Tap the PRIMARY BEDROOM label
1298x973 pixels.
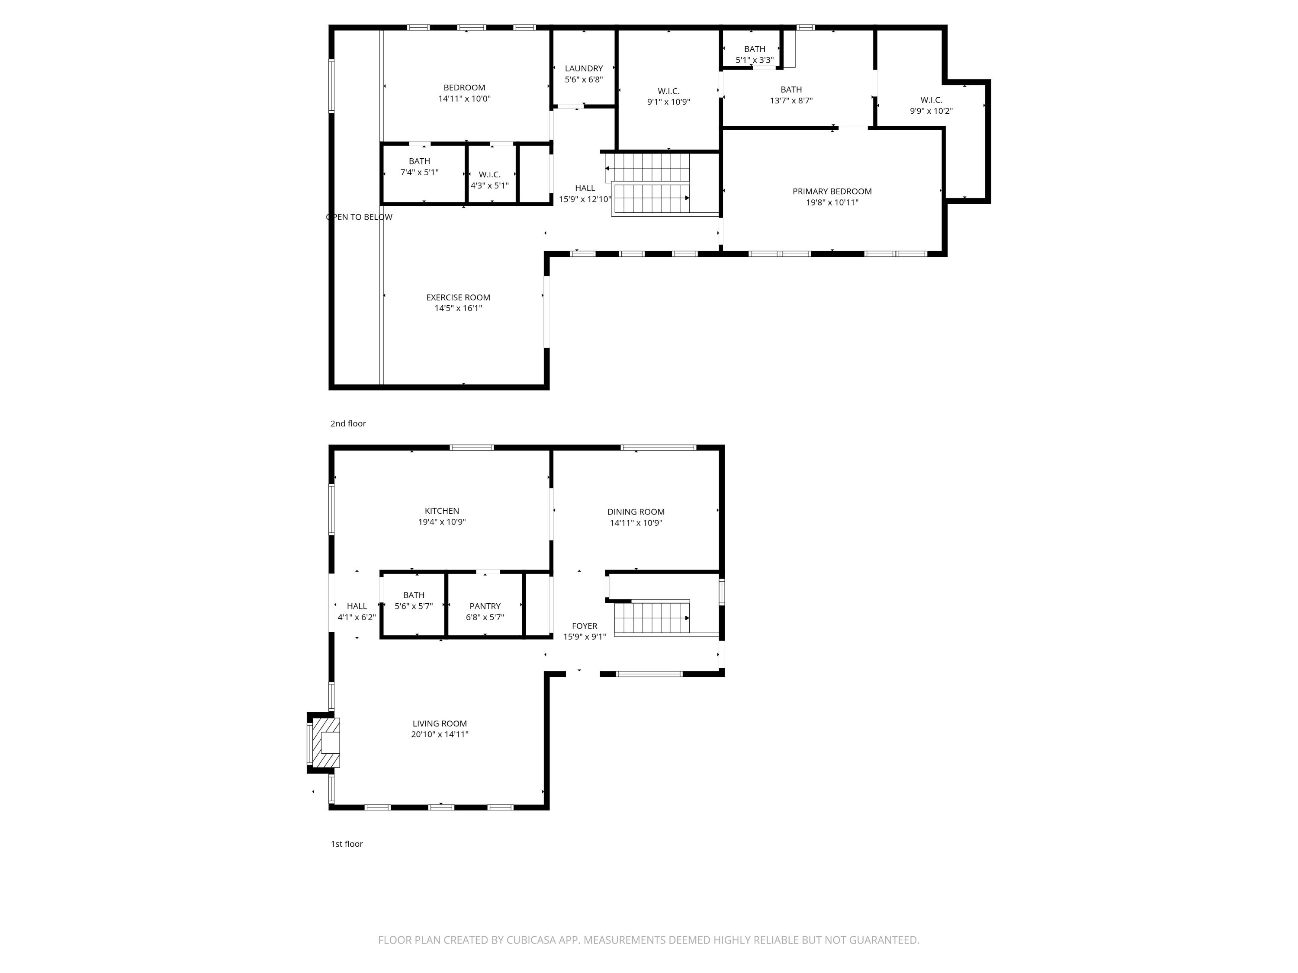point(832,191)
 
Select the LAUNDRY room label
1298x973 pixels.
point(583,69)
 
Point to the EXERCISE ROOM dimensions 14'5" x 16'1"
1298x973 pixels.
point(458,308)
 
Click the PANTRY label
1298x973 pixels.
point(485,606)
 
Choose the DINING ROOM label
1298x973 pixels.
point(636,512)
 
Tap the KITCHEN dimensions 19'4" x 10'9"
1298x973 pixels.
point(441,522)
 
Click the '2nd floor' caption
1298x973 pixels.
point(348,423)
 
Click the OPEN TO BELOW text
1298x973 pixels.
point(359,217)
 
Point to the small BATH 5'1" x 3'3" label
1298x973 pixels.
point(754,54)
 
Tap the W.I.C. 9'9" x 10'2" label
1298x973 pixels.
point(931,106)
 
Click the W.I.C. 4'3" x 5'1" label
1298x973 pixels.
point(489,180)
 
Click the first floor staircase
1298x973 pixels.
point(651,618)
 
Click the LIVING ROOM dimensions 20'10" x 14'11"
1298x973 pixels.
point(440,734)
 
